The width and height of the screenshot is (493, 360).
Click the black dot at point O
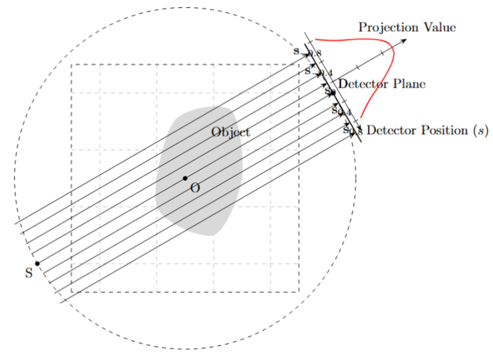click(x=185, y=178)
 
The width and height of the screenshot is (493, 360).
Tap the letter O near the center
click(x=195, y=188)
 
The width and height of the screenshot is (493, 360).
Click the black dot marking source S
click(x=38, y=263)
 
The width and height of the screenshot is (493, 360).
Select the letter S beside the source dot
click(x=29, y=273)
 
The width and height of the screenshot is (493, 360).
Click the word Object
click(x=230, y=132)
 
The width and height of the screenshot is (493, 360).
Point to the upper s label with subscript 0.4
click(x=309, y=71)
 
